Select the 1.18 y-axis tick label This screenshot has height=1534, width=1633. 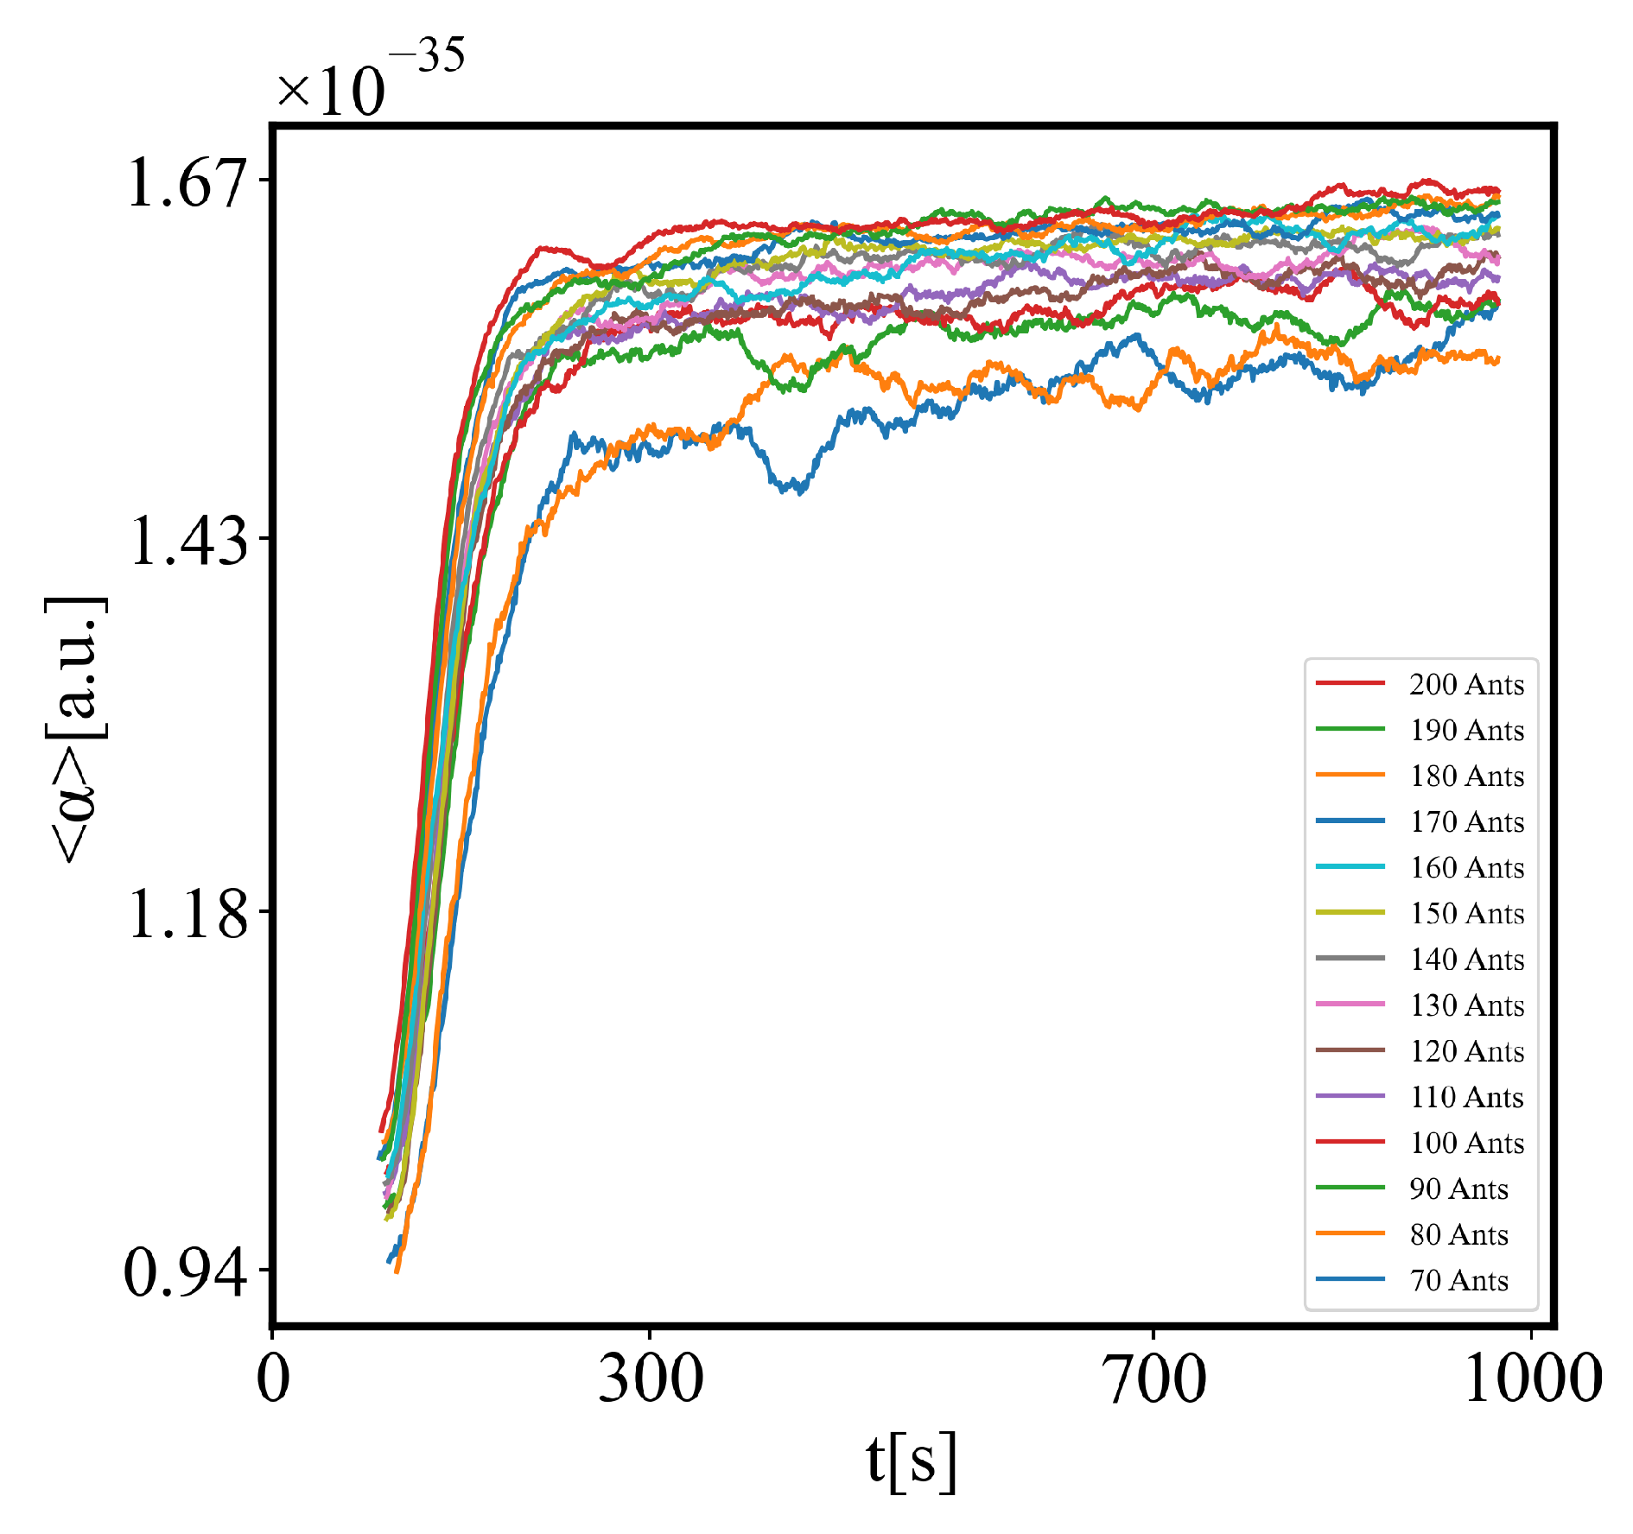point(187,915)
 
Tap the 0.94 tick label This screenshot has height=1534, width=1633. point(185,1273)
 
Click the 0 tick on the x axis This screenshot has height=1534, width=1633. point(273,1379)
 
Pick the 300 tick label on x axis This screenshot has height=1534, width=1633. point(650,1379)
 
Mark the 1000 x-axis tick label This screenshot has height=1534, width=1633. point(1531,1379)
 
